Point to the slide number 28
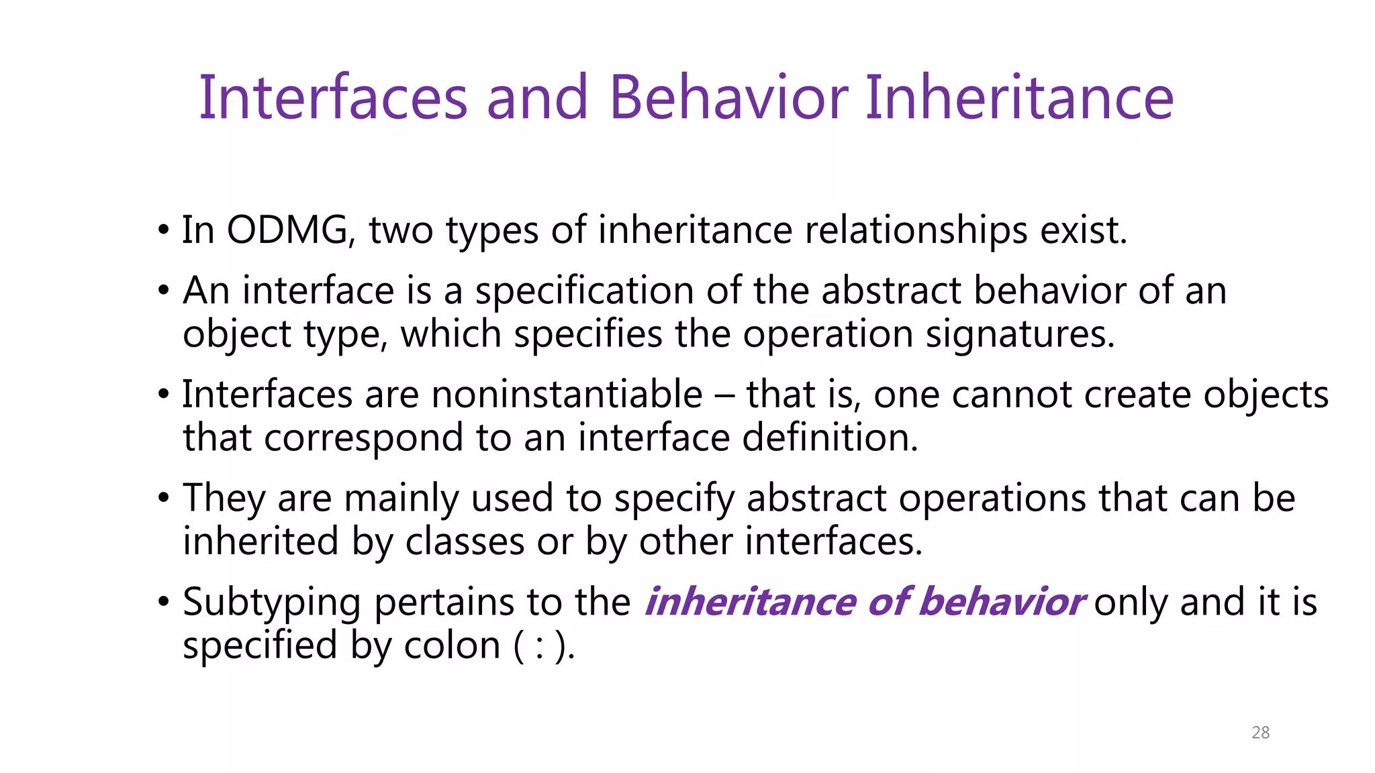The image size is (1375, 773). coord(1260,733)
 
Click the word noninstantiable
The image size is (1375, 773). coord(567,394)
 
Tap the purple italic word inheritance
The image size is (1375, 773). coord(750,601)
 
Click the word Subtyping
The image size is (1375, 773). coord(272,602)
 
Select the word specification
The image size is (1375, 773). coord(584,291)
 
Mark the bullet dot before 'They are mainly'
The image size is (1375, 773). coord(163,499)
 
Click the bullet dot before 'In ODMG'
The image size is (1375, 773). coord(163,231)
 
